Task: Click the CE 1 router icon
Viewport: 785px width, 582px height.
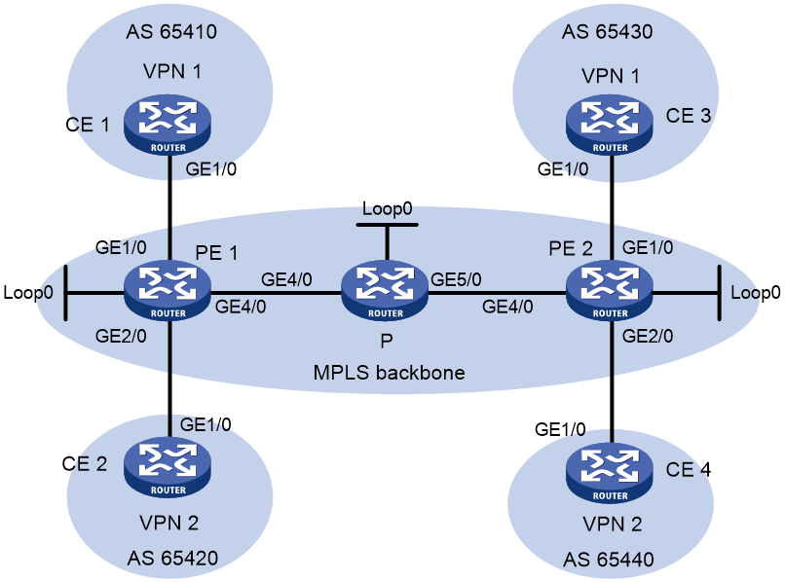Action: (168, 125)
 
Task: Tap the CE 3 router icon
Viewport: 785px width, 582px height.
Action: (610, 125)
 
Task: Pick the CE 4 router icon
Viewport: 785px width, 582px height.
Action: (610, 472)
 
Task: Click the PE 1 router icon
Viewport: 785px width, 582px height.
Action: (168, 291)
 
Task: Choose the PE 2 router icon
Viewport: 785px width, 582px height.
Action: (610, 291)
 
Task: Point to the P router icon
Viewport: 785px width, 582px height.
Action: (385, 291)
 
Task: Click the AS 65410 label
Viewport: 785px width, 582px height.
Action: (171, 31)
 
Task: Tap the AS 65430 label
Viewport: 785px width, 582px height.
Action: (608, 31)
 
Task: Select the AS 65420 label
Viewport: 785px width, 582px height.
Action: (172, 558)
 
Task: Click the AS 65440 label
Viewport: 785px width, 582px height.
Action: (609, 559)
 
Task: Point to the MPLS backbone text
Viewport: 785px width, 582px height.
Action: (389, 373)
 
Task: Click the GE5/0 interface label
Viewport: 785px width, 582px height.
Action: (456, 279)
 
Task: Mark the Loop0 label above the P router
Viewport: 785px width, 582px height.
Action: (387, 208)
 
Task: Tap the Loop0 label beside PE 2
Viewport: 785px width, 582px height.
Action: (756, 293)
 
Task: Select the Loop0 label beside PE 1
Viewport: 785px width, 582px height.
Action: (28, 293)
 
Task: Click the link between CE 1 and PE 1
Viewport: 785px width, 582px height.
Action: (170, 207)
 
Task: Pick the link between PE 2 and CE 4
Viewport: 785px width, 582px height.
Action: (612, 382)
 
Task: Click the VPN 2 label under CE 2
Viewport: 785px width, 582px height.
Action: (169, 523)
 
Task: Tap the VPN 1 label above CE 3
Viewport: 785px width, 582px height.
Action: (611, 76)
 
